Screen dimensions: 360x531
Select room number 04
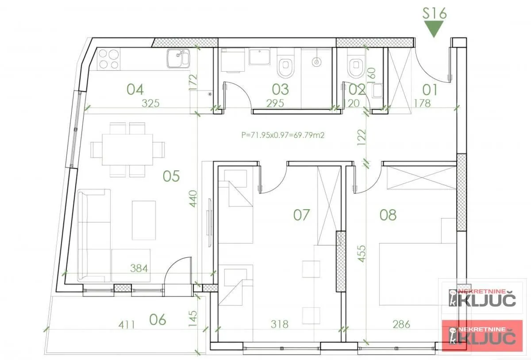(135, 89)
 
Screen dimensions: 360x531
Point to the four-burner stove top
(108, 59)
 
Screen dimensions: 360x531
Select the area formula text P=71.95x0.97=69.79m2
(283, 135)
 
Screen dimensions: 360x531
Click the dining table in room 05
(127, 149)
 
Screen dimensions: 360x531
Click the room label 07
(301, 215)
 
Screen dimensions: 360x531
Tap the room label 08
(388, 215)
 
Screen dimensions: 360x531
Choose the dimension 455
(362, 254)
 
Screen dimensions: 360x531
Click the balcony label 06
(158, 319)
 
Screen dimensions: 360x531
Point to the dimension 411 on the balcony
(127, 325)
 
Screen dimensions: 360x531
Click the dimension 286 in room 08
(401, 324)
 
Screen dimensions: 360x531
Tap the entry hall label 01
(430, 90)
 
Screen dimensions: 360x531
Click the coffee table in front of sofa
(144, 220)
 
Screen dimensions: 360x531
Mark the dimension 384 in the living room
(139, 268)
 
